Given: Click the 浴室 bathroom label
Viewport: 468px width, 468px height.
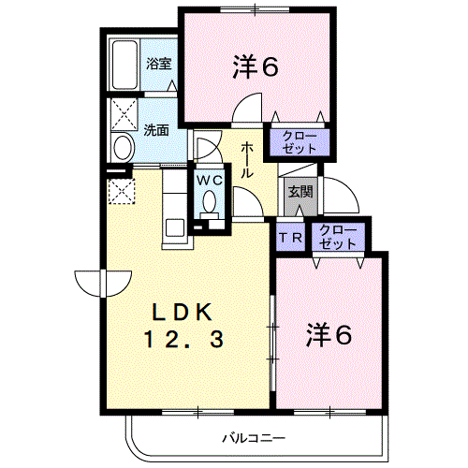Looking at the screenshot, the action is (159, 64).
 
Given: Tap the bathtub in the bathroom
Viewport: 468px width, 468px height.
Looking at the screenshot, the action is (124, 65).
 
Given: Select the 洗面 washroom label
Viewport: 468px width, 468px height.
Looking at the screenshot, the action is (156, 130).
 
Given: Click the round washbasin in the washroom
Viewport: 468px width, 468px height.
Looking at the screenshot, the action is (123, 148).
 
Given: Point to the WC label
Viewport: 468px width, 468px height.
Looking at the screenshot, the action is (210, 180).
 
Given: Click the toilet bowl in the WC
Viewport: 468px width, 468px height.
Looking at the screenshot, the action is (209, 201).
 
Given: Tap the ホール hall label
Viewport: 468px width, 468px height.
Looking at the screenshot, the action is (247, 160).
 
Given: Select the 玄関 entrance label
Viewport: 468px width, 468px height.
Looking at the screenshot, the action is (300, 192).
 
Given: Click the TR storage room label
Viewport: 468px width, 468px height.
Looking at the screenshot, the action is (290, 238).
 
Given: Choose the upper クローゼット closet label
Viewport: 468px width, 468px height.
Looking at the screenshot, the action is (300, 142).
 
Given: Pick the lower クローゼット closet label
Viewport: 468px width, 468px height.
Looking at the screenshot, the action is (338, 237).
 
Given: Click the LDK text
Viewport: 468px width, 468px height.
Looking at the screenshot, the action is (182, 313).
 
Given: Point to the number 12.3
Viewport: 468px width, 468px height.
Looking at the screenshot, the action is (183, 340).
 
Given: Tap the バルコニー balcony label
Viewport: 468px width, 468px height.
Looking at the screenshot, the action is (254, 438).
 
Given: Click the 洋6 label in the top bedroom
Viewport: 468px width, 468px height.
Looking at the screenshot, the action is (256, 66).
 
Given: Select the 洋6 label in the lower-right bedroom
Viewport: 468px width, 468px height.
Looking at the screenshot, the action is (329, 335).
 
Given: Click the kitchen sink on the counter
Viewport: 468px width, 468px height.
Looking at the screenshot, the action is (175, 227).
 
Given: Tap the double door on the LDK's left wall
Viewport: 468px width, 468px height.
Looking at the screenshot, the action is (103, 284).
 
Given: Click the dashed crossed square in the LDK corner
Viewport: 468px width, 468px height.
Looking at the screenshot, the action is (122, 191).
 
